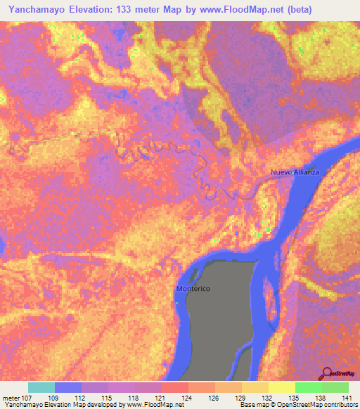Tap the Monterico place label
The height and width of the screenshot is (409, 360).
click(193, 290)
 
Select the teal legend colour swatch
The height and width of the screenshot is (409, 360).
click(41, 387)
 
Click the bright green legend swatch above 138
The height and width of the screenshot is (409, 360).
click(309, 387)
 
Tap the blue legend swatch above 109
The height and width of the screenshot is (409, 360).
click(68, 387)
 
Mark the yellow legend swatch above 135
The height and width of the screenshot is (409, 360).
click(282, 387)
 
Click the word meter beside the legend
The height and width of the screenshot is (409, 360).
click(11, 397)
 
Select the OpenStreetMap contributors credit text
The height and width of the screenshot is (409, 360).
click(316, 405)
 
